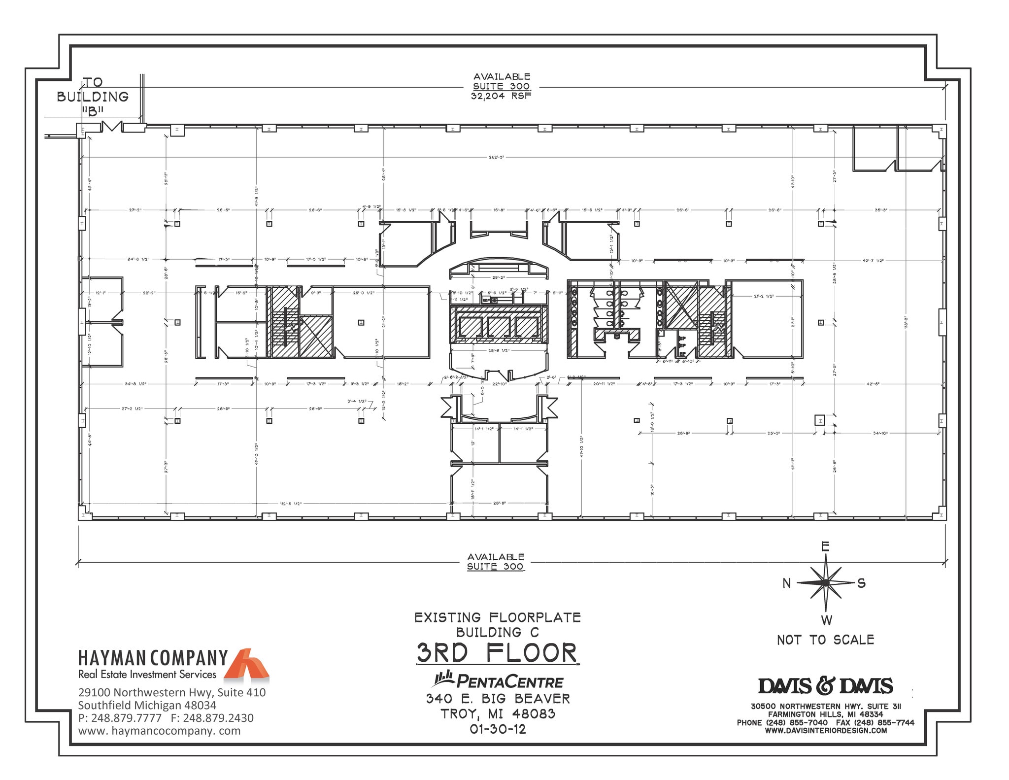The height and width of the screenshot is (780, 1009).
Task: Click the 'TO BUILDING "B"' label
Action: tap(93, 97)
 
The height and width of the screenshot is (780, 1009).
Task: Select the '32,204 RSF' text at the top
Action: tap(501, 97)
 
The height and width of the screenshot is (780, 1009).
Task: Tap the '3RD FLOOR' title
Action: tap(497, 653)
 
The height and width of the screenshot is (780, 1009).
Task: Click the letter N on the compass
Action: tap(787, 583)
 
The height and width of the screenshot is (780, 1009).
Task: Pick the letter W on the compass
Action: tap(826, 620)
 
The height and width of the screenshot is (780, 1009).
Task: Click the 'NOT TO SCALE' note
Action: tap(825, 640)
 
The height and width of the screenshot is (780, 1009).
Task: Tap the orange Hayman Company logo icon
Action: tap(246, 664)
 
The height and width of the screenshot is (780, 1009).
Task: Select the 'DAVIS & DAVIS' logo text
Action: tap(825, 686)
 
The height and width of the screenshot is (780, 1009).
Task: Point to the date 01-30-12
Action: tap(498, 729)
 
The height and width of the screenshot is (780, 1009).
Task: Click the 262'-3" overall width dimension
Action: tap(496, 157)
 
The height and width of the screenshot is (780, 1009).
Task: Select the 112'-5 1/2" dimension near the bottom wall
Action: tap(291, 504)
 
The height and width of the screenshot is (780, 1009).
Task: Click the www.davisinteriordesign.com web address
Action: tap(826, 731)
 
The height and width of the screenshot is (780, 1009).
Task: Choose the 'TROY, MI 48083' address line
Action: tap(498, 714)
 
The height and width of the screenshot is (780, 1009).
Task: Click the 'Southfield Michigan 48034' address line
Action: tap(147, 705)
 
